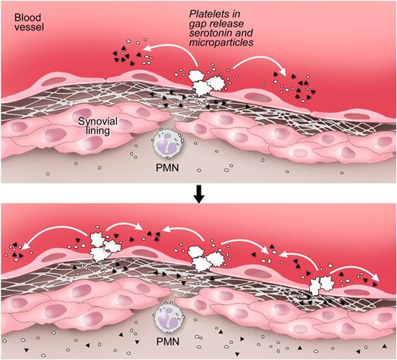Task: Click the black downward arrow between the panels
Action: pyautogui.click(x=199, y=197)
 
